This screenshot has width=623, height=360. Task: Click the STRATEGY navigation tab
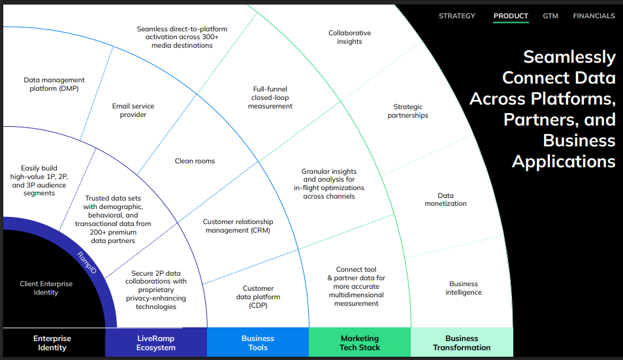pyautogui.click(x=457, y=16)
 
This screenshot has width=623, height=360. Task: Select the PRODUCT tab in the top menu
pyautogui.click(x=511, y=16)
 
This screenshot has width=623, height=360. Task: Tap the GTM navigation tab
pyautogui.click(x=551, y=16)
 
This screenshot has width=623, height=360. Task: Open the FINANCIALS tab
pyautogui.click(x=594, y=16)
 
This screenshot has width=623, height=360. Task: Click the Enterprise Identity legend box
pyautogui.click(x=52, y=343)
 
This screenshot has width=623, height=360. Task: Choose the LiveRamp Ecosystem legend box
pyautogui.click(x=156, y=343)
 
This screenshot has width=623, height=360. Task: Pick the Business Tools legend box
pyautogui.click(x=258, y=343)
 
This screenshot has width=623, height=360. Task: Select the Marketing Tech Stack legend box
pyautogui.click(x=360, y=343)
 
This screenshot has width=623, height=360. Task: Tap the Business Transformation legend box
pyautogui.click(x=462, y=343)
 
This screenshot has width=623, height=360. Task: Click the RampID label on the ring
pyautogui.click(x=88, y=262)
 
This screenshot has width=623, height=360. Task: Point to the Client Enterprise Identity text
pyautogui.click(x=46, y=288)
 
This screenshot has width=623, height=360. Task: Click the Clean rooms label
pyautogui.click(x=195, y=161)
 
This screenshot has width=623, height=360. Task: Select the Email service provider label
pyautogui.click(x=133, y=110)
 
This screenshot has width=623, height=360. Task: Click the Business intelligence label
pyautogui.click(x=464, y=288)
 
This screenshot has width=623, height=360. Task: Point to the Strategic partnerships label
pyautogui.click(x=408, y=111)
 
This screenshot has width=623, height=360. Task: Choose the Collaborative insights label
pyautogui.click(x=349, y=37)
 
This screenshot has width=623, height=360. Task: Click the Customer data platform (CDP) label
pyautogui.click(x=258, y=297)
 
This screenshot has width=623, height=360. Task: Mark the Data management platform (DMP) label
pyautogui.click(x=54, y=84)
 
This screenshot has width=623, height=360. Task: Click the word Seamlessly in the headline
pyautogui.click(x=569, y=57)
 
